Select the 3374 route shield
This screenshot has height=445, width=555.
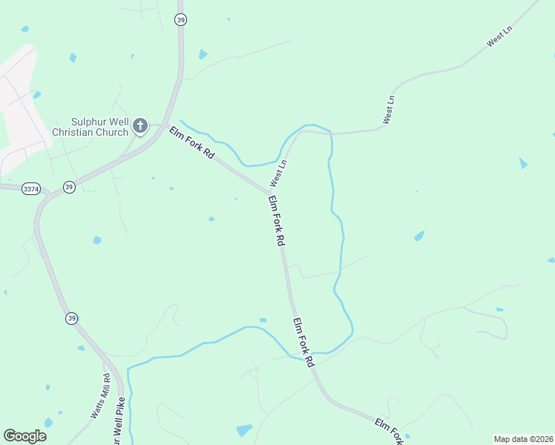30,189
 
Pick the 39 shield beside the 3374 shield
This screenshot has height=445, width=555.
69,186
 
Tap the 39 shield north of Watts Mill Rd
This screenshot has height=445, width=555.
70,317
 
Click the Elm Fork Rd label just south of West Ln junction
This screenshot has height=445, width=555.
277,221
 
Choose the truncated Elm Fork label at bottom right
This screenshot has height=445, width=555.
389,431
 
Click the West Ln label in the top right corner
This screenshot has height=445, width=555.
499,38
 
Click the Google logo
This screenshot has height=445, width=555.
24,435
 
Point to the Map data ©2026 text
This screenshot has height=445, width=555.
523,439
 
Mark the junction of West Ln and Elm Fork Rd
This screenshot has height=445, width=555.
269,193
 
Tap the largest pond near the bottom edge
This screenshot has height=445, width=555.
243,430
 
